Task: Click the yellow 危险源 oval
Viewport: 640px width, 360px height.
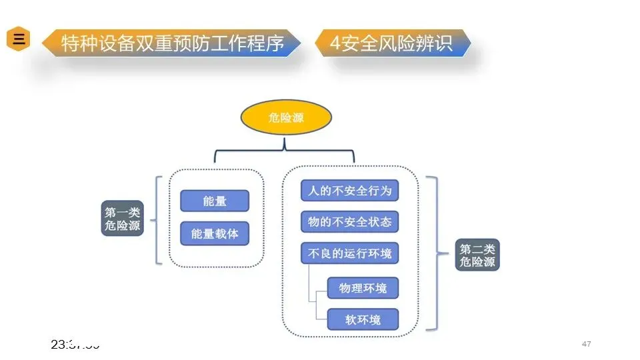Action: [285, 117]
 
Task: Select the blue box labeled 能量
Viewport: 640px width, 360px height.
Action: [214, 201]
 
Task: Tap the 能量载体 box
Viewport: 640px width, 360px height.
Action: [214, 233]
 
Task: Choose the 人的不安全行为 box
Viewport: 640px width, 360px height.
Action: [349, 191]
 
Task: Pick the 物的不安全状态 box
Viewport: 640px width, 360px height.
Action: [349, 221]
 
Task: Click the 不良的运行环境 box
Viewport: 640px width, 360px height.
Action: [349, 253]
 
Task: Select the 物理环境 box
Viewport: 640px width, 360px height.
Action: [363, 288]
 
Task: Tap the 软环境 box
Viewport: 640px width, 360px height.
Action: [363, 319]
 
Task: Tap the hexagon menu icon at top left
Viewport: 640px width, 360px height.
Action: [19, 39]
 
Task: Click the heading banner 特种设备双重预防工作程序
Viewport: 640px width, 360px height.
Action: [172, 43]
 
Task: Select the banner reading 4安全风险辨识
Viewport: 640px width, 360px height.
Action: [392, 43]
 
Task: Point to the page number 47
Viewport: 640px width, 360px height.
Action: [587, 344]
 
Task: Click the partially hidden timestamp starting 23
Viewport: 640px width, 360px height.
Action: [75, 345]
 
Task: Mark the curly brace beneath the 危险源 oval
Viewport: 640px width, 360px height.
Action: [285, 150]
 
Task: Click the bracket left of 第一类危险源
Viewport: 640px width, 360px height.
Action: [157, 220]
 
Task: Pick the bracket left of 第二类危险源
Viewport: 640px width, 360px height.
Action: [435, 253]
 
